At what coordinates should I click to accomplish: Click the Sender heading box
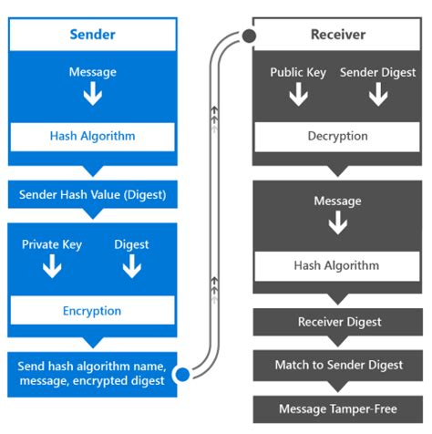click(x=91, y=35)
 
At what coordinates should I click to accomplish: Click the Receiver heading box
click(x=337, y=35)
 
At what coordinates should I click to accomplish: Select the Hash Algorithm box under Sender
click(x=91, y=136)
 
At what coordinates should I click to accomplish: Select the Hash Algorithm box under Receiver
click(x=337, y=267)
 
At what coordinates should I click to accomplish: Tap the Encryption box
click(x=91, y=310)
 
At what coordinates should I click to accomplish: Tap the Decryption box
click(x=337, y=136)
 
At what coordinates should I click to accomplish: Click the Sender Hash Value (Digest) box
click(x=91, y=194)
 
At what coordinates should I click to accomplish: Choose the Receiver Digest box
click(x=337, y=322)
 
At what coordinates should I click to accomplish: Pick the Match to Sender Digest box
click(x=337, y=365)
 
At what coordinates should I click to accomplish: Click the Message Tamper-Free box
click(x=337, y=408)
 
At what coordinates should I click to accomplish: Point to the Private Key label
click(x=52, y=244)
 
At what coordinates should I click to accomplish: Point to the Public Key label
click(x=299, y=71)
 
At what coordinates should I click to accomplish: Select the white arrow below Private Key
click(x=52, y=266)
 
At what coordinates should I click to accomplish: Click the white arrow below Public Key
click(x=299, y=95)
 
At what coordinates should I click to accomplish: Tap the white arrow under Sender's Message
click(x=91, y=95)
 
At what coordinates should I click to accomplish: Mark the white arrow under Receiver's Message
click(x=337, y=223)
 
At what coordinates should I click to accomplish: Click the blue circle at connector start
click(x=181, y=373)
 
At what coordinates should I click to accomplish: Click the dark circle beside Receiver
click(x=247, y=36)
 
